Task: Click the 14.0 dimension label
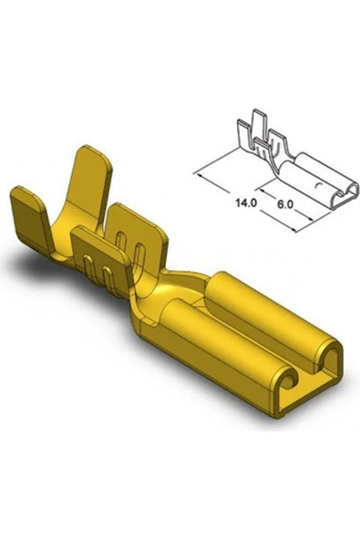click(x=243, y=195)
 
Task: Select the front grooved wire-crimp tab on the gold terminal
click(x=101, y=260)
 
